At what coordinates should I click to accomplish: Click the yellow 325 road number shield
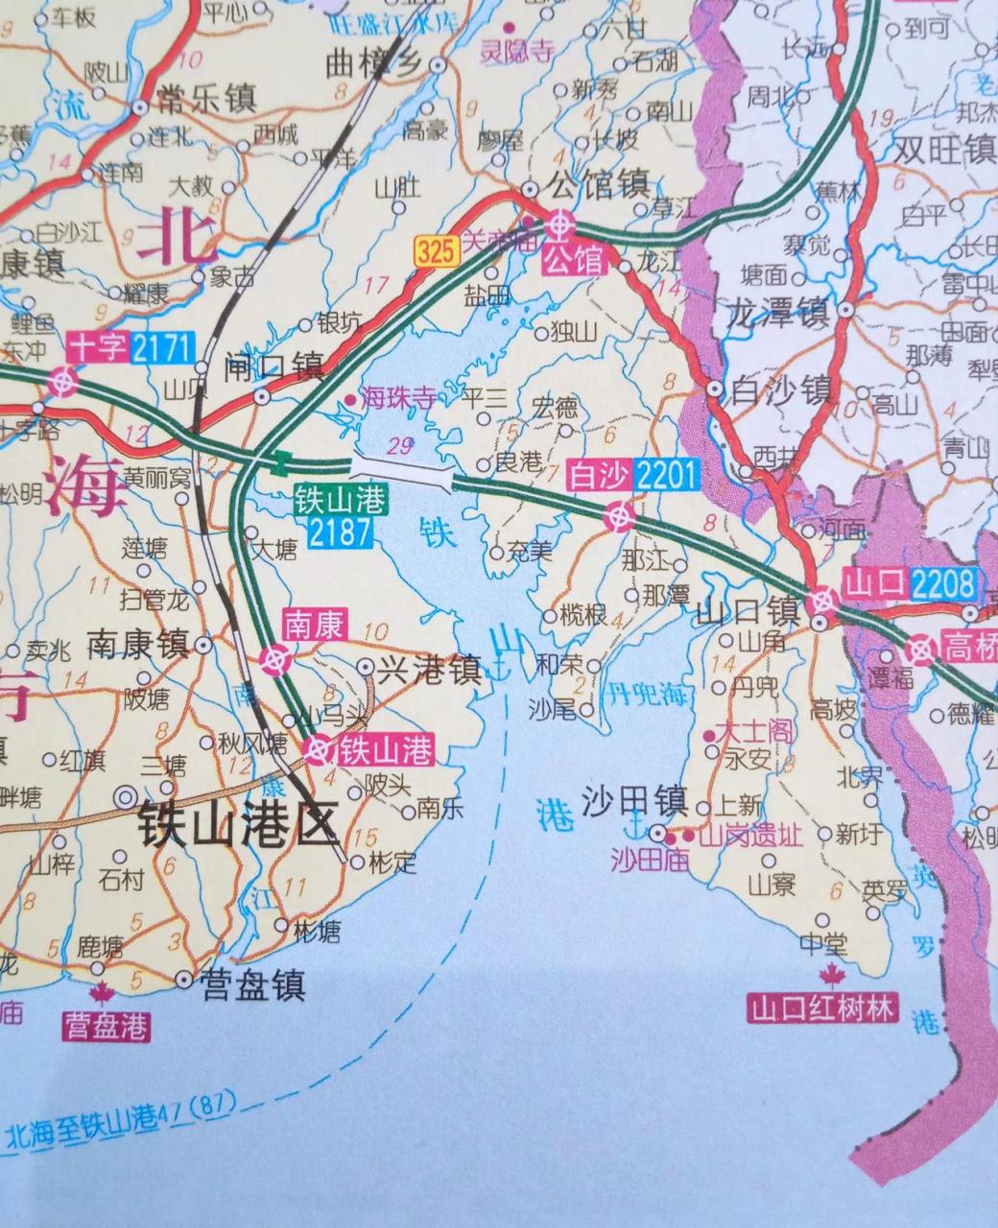pos(435,252)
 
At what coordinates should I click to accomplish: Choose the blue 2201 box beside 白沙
pos(667,474)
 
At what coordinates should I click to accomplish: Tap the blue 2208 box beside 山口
pos(944,582)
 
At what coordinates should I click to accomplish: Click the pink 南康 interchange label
pos(314,626)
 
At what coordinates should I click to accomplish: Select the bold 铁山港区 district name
pos(238,823)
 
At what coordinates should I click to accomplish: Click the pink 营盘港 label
pos(107,1027)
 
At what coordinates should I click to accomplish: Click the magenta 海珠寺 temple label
pos(396,399)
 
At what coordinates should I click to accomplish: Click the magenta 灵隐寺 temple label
pos(517,54)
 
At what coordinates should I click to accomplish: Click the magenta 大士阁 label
pos(759,733)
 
